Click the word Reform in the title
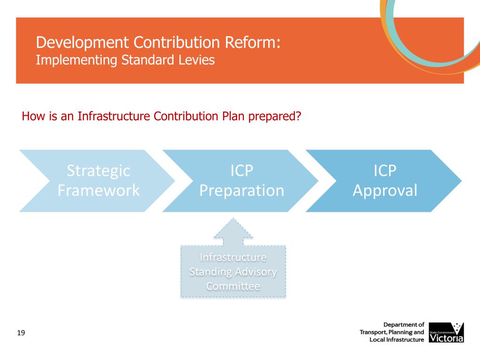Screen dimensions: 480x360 251,43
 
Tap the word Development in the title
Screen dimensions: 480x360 82,43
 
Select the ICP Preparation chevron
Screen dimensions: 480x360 241,181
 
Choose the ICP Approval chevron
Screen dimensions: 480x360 384,181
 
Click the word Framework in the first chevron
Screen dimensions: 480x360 98,190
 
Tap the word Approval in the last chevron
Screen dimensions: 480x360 385,190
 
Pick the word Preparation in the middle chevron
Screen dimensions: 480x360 241,190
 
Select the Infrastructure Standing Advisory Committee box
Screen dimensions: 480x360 233,272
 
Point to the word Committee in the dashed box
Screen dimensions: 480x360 233,286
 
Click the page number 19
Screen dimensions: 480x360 21,333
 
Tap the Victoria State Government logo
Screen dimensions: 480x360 446,332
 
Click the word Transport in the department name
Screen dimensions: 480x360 375,332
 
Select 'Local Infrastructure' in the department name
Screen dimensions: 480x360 397,339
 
